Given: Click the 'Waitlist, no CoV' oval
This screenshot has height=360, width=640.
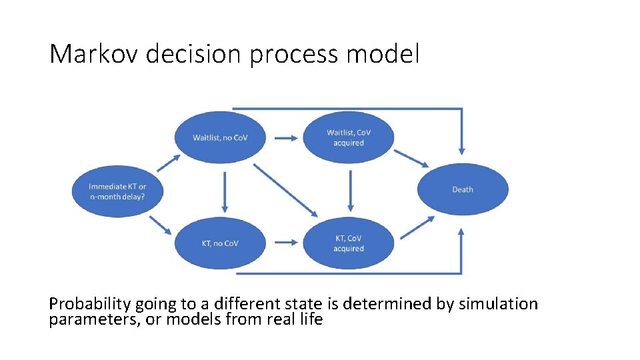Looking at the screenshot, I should click(220, 137).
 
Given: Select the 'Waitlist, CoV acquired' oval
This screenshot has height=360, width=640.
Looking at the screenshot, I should click(349, 137).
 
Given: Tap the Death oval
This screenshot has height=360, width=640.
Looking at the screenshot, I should click(463, 189).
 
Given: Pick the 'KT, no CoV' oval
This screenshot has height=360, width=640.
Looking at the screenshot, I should click(220, 243).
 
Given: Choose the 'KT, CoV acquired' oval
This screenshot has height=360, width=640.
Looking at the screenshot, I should click(349, 243).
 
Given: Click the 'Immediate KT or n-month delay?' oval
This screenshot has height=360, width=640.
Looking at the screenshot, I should click(117, 191).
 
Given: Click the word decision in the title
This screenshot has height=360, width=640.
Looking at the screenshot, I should click(184, 54).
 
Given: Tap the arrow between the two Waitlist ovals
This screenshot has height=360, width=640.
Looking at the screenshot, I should click(285, 138).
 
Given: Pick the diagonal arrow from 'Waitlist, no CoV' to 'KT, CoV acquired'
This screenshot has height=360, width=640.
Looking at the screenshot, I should click(286, 190).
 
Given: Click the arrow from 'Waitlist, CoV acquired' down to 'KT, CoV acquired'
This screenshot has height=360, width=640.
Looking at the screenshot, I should click(351, 191).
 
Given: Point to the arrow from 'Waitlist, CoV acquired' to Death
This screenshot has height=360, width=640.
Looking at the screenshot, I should click(411, 158).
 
